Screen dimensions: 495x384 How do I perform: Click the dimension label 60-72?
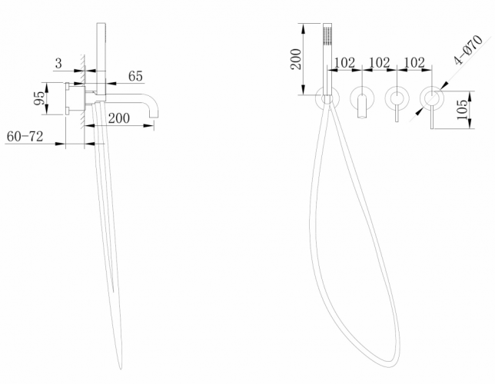click(x=25, y=137)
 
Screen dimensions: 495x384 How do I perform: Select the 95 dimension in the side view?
click(x=40, y=98)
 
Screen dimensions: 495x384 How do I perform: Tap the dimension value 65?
click(x=135, y=76)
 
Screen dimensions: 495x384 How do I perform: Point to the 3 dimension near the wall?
click(x=58, y=64)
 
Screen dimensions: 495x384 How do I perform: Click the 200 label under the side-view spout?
click(x=118, y=118)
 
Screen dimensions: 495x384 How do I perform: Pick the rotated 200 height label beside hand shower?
click(x=296, y=59)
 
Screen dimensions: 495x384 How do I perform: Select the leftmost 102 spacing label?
click(x=344, y=62)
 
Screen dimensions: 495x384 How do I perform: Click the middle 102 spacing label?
click(x=380, y=62)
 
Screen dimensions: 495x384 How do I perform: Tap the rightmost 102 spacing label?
click(x=414, y=62)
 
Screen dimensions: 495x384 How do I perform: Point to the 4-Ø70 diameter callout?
click(x=468, y=50)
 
